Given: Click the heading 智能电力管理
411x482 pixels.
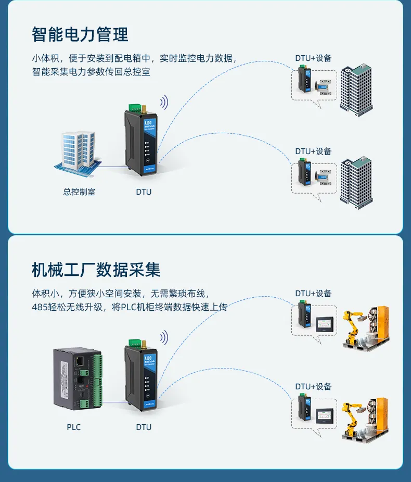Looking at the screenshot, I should (x=80, y=34).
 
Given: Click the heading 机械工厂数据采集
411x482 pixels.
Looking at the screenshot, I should (x=96, y=269).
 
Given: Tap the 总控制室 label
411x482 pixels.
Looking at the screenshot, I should (x=79, y=192).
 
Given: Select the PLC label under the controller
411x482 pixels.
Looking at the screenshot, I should (x=74, y=427).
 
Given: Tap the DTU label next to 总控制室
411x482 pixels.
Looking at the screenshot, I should (x=144, y=192).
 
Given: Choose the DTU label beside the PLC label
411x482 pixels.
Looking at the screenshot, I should (x=144, y=427).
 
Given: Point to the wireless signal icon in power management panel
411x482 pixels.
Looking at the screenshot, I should (x=164, y=102).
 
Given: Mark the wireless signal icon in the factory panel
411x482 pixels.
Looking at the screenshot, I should (x=164, y=337).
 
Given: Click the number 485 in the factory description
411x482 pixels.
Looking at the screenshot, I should (x=40, y=307).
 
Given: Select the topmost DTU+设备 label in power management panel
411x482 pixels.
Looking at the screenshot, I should (x=313, y=58).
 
